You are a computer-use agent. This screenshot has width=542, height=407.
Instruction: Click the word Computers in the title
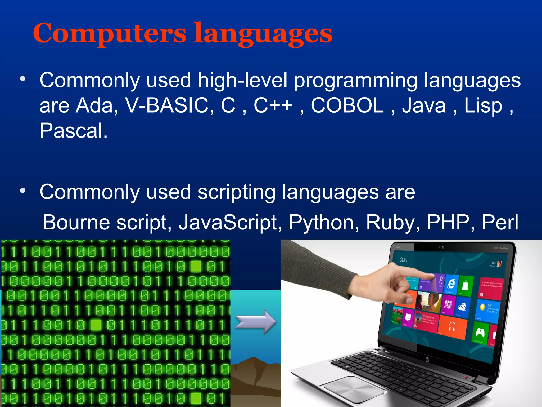click(110, 33)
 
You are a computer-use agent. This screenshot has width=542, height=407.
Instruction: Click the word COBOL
click(347, 105)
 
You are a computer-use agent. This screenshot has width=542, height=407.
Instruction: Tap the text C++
click(273, 105)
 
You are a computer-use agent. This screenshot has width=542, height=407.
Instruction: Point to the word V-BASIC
click(166, 105)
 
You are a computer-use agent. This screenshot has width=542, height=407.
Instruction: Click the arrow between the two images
click(255, 322)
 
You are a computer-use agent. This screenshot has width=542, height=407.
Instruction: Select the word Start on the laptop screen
click(404, 260)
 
